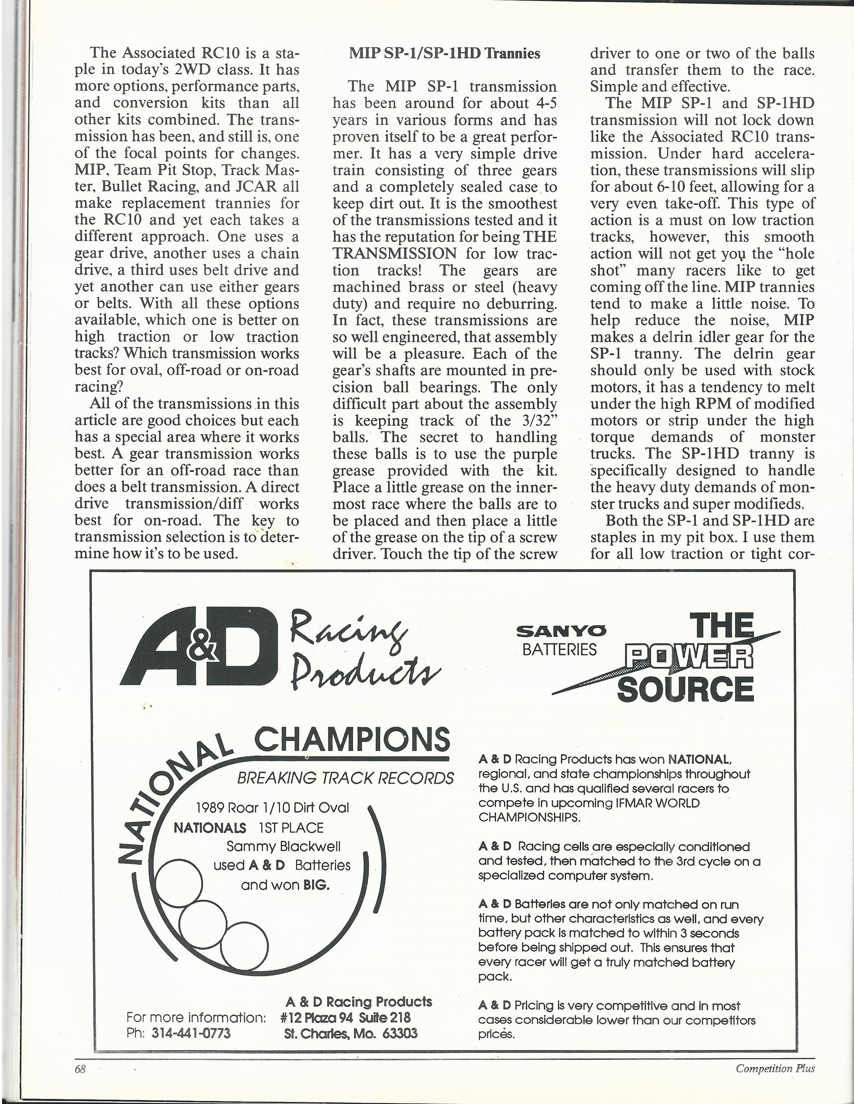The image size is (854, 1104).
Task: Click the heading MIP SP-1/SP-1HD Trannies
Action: [444, 54]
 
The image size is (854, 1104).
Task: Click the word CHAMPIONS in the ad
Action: [352, 740]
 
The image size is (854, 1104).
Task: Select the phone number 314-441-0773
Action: [191, 1033]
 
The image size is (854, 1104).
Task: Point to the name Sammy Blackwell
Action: [283, 846]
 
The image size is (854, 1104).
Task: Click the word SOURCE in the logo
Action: [686, 689]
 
